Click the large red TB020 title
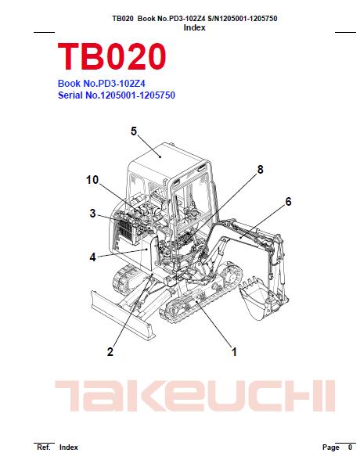[112, 56]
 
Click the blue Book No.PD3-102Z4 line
[102, 84]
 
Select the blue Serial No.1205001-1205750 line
[117, 95]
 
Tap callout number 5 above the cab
[134, 131]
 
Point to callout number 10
[92, 180]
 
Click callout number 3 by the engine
[92, 214]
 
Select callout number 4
[92, 257]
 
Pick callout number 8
[261, 170]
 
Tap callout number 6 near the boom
[289, 202]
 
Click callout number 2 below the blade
[110, 352]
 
